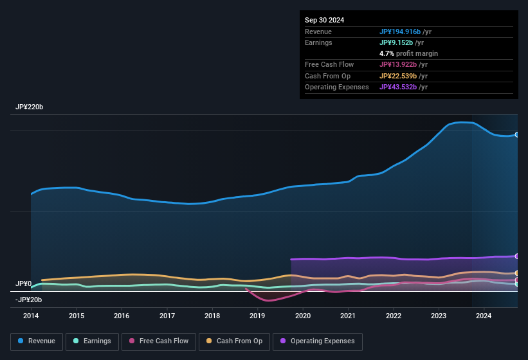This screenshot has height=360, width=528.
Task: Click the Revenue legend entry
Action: (37, 341)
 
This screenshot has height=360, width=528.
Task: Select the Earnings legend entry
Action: (92, 341)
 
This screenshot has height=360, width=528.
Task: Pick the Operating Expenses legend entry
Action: (318, 341)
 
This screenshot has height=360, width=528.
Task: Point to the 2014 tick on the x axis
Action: (31, 316)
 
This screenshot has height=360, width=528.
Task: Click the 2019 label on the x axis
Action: (257, 316)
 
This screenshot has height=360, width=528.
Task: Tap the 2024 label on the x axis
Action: (484, 316)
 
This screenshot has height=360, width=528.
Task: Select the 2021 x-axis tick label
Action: (348, 316)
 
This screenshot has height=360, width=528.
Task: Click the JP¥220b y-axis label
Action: (30, 107)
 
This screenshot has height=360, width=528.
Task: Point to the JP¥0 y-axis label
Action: (24, 283)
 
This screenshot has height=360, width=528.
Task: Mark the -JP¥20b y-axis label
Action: (29, 300)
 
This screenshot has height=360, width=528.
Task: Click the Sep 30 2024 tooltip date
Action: (324, 20)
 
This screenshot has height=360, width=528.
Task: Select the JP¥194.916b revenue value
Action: (399, 32)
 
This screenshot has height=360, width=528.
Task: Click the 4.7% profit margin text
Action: (408, 53)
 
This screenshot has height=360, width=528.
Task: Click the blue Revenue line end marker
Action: (516, 135)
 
